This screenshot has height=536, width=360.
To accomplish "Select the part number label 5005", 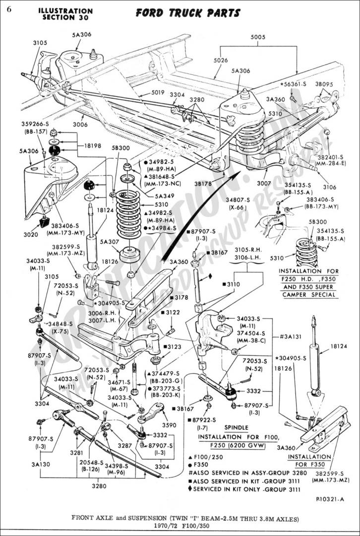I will coord(258,37).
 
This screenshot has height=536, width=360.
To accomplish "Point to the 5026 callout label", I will coord(221,61).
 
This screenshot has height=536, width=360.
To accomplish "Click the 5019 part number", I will coord(144,92).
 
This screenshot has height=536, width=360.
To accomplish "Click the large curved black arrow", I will coord(198,218).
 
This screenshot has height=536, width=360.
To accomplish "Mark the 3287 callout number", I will coord(124,446).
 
